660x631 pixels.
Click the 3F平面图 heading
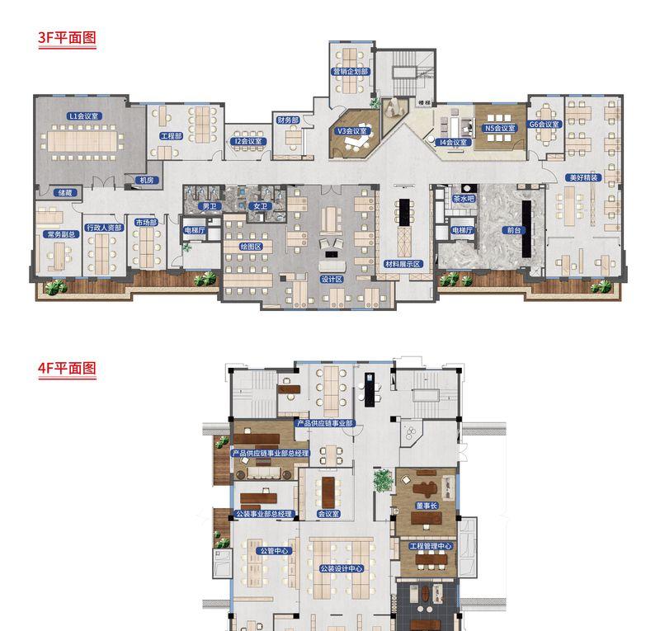click(68, 39)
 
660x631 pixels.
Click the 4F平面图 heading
click(68, 369)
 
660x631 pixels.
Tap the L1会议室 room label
click(82, 117)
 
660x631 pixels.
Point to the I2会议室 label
click(247, 141)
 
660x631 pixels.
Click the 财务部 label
click(287, 120)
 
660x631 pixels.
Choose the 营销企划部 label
click(351, 72)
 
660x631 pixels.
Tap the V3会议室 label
click(351, 130)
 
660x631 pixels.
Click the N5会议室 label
click(499, 128)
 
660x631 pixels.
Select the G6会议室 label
click(544, 125)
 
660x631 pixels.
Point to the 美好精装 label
click(583, 177)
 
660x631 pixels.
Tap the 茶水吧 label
click(464, 199)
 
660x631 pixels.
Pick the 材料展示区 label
click(403, 264)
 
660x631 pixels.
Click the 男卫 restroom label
click(211, 205)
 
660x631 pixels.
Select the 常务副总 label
click(61, 234)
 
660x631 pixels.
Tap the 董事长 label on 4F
click(426, 506)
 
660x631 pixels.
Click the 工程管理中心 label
click(426, 546)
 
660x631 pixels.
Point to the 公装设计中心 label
click(341, 568)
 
